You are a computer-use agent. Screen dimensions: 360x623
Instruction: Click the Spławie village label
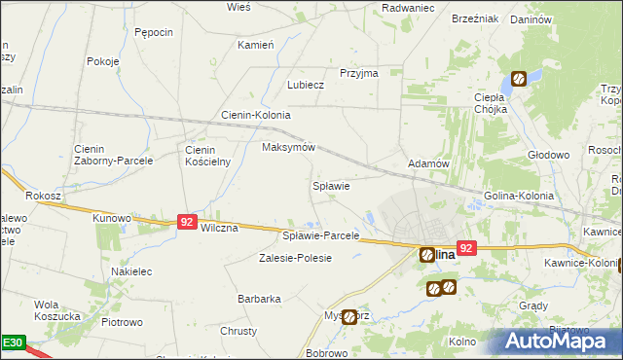click(330, 185)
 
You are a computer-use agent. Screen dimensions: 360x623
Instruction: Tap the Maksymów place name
click(289, 147)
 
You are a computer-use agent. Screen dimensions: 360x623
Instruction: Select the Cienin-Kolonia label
click(256, 115)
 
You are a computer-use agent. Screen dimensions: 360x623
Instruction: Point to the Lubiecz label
click(305, 85)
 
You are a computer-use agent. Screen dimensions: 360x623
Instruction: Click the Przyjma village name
click(358, 73)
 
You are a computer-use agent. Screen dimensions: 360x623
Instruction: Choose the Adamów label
click(428, 164)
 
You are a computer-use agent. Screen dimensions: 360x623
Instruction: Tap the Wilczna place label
click(218, 228)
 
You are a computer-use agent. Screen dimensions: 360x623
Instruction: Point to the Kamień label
click(256, 45)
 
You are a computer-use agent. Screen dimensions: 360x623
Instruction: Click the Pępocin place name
click(154, 32)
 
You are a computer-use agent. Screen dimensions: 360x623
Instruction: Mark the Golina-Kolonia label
click(519, 196)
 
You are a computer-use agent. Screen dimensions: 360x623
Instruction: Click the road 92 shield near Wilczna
click(188, 223)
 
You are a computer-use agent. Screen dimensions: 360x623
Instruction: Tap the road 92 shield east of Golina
click(466, 249)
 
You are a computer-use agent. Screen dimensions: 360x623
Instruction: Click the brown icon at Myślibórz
click(349, 316)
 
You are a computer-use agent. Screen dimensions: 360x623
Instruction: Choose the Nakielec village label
click(131, 272)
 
